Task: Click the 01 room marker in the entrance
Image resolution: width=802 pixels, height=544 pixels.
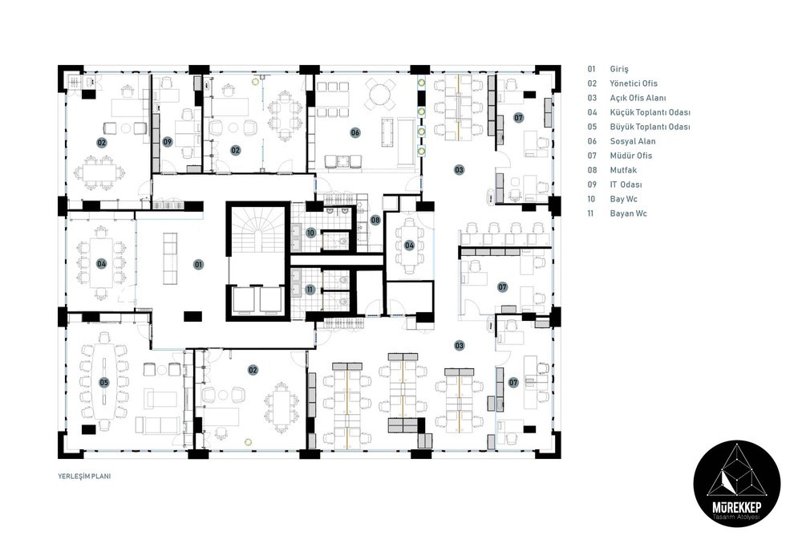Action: point(198,265)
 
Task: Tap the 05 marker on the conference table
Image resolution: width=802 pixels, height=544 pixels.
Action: point(103,382)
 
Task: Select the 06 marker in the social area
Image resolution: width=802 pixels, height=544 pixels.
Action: point(355,132)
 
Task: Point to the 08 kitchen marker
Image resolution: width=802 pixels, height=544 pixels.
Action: point(376,220)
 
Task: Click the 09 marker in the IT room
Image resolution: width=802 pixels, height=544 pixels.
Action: point(168,142)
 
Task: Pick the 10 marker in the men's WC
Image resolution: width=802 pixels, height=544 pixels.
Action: point(310,233)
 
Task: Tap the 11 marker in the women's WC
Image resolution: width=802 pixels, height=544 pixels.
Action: point(310,290)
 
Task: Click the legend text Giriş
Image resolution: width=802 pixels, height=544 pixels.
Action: point(619,69)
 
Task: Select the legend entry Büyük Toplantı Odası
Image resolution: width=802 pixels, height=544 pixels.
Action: point(650,127)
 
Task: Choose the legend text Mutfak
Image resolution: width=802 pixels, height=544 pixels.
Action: point(622,170)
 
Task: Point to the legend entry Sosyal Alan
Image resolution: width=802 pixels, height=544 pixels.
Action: point(632,141)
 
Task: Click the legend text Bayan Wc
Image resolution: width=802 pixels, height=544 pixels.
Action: point(628,213)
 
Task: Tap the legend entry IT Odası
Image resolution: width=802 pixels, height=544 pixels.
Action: point(626,185)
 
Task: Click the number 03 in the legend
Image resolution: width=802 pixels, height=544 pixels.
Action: point(592,98)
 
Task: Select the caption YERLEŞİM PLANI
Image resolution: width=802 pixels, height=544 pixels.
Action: point(84,476)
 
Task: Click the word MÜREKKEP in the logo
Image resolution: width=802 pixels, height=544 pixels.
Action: point(736,507)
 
